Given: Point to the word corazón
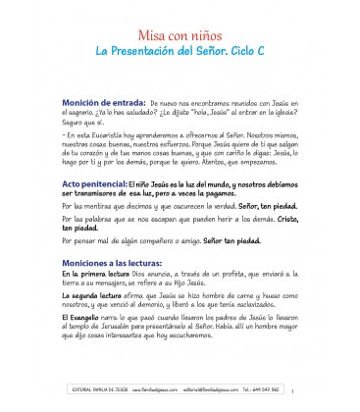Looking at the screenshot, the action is tap(105, 151).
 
